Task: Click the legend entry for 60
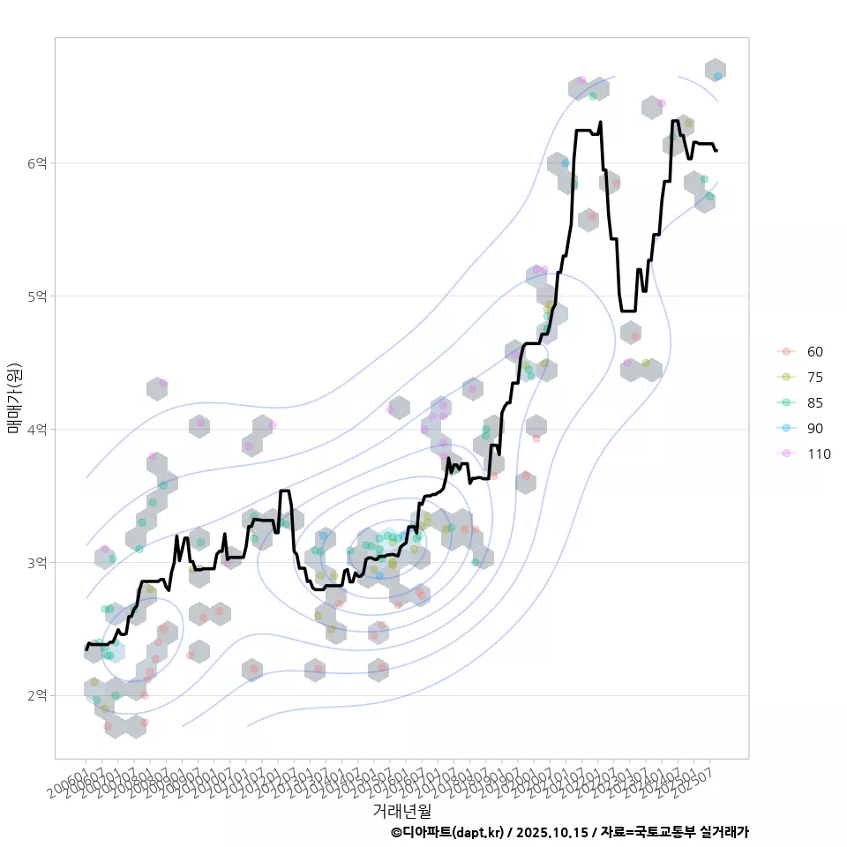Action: click(x=814, y=351)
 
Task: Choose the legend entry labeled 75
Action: click(x=814, y=377)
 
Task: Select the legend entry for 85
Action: click(x=814, y=402)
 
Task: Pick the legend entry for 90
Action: click(x=814, y=428)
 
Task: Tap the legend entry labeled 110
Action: click(x=818, y=453)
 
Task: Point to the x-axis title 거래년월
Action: click(x=401, y=810)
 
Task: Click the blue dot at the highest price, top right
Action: click(x=717, y=77)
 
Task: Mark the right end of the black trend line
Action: click(x=716, y=151)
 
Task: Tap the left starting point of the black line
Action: click(x=86, y=649)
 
